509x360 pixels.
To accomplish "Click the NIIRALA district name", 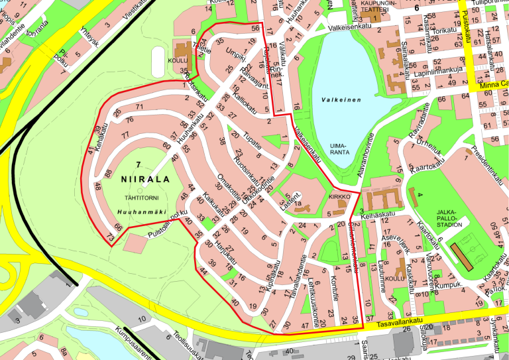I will point(145,179).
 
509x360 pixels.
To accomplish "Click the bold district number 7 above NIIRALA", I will point(138,164).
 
